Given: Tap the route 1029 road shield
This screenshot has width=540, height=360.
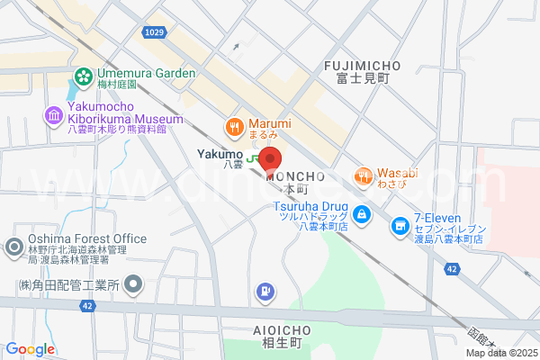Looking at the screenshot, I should point(153,32).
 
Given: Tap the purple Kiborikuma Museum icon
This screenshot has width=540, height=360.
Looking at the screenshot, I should point(52,115).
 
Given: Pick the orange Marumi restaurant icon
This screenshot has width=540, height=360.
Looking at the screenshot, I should point(234,127).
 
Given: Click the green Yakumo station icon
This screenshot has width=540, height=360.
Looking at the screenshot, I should point(255,155).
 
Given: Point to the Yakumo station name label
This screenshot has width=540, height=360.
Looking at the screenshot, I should point(220,154).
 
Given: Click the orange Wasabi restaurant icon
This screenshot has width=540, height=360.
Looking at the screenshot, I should point(364,175).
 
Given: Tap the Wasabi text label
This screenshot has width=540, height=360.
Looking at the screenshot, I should point(397,174).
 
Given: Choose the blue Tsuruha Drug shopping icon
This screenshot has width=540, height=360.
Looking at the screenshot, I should point(361,214).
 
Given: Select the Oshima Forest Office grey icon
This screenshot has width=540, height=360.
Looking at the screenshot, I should point(14,247).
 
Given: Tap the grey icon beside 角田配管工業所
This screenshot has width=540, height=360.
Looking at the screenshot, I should point(133,286).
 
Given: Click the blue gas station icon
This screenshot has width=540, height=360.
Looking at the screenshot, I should point(264,291).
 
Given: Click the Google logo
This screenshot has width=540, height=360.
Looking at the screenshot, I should point(31,349).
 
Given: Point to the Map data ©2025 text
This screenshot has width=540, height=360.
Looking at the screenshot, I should point(500,352).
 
